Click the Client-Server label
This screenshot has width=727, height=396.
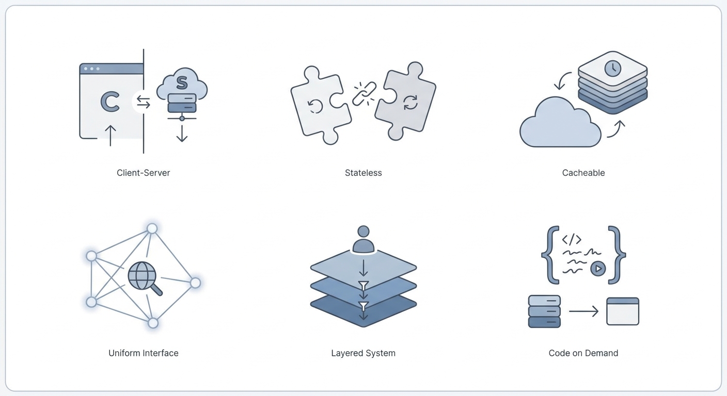click(143, 173)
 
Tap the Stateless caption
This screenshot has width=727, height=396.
click(363, 173)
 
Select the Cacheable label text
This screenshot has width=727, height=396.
click(583, 173)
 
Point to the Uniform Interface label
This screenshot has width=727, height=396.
click(143, 353)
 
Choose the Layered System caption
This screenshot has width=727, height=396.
click(363, 353)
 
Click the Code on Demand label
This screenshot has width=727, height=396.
click(583, 353)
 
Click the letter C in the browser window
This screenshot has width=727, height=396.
click(110, 102)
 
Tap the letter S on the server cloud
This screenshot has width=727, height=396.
click(182, 82)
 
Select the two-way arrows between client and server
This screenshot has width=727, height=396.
click(143, 102)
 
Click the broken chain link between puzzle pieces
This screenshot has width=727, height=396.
click(364, 93)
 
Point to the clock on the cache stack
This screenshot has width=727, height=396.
click(613, 69)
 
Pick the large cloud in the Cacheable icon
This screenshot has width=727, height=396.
click(560, 123)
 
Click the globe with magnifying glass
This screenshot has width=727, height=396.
click(145, 278)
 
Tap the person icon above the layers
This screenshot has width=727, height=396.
click(363, 239)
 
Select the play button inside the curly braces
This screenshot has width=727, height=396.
click(598, 269)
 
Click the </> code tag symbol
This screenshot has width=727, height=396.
click(572, 239)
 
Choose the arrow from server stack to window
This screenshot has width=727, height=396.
click(583, 311)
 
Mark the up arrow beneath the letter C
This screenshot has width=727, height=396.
click(110, 136)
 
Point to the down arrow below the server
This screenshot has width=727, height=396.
click(182, 134)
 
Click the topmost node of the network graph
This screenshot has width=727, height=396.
click(152, 229)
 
